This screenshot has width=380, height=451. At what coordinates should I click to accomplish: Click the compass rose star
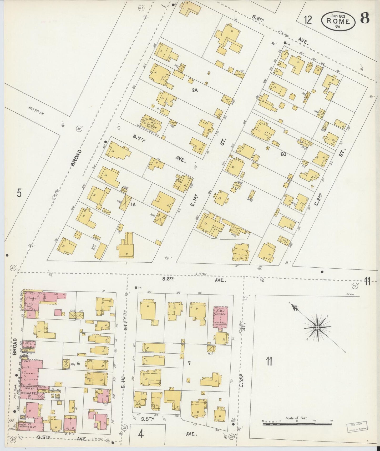(317, 327)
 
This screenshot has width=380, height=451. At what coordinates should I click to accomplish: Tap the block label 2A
(195, 90)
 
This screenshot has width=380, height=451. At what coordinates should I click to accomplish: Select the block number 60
(283, 154)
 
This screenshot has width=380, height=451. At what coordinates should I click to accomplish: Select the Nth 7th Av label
(36, 110)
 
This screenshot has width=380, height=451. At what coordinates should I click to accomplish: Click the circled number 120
(231, 436)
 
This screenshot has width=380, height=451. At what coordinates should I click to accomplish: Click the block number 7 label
(189, 363)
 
